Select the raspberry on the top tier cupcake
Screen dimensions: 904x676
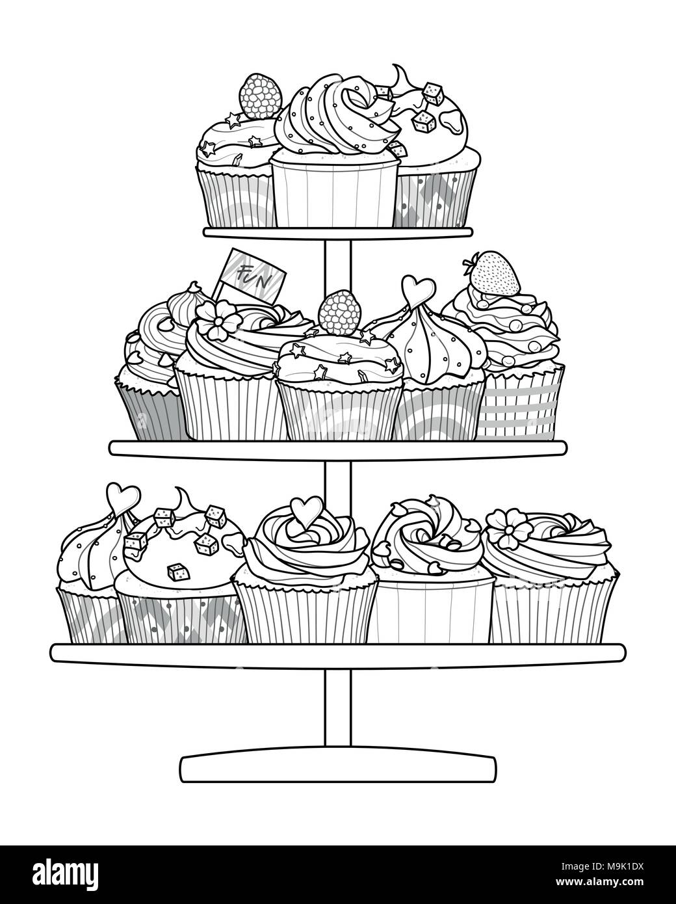[x=261, y=96]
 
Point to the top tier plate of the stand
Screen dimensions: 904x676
[x=338, y=232]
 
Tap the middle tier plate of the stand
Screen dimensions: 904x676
[x=338, y=448]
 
